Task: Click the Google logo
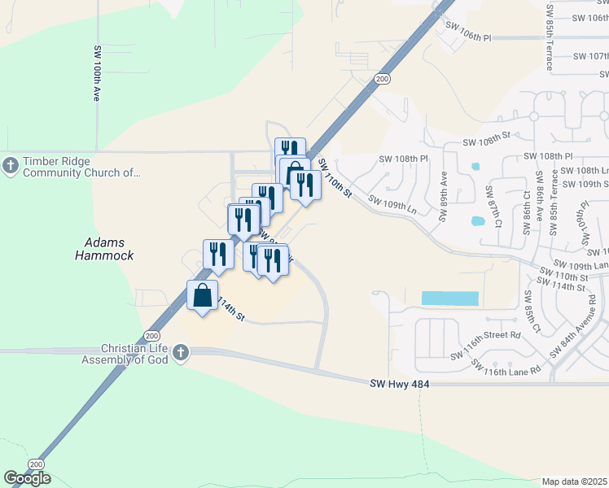pyautogui.click(x=27, y=477)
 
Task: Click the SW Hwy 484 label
pyautogui.click(x=399, y=384)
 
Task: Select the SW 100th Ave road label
pyautogui.click(x=98, y=73)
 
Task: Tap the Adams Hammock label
pyautogui.click(x=109, y=249)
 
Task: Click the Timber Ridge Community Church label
pyautogui.click(x=81, y=167)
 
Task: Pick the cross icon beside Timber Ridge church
pyautogui.click(x=11, y=166)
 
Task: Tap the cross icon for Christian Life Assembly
pyautogui.click(x=181, y=352)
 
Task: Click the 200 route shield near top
pyautogui.click(x=382, y=78)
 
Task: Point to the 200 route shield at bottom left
pyautogui.click(x=35, y=464)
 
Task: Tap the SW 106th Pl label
pyautogui.click(x=468, y=37)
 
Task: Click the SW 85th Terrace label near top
pyautogui.click(x=550, y=41)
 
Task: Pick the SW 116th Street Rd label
pyautogui.click(x=485, y=335)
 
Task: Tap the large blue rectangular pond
pyautogui.click(x=449, y=298)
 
